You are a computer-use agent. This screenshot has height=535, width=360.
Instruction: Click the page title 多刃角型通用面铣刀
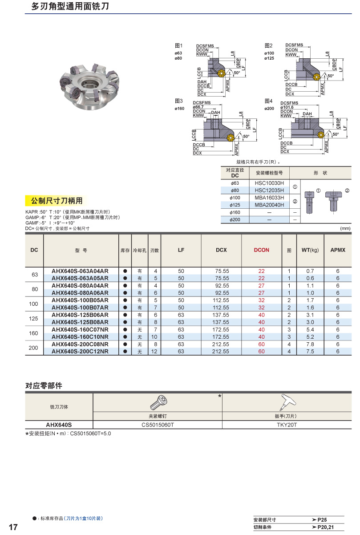click(x=70, y=7)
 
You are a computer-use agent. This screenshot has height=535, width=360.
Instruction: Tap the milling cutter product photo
click(x=89, y=84)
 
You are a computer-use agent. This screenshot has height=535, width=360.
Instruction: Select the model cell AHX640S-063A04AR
click(x=80, y=271)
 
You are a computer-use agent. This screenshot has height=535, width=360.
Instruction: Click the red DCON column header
click(x=262, y=250)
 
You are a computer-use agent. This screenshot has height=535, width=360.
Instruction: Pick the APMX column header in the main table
click(x=338, y=250)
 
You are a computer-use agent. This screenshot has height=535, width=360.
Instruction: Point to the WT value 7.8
click(x=310, y=344)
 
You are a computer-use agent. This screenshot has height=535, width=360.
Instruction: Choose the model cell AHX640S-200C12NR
click(x=80, y=352)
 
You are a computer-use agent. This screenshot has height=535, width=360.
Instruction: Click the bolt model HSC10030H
click(x=269, y=183)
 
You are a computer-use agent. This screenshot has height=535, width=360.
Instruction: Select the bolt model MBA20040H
click(x=269, y=205)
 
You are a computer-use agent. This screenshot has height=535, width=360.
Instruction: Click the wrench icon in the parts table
click(x=285, y=403)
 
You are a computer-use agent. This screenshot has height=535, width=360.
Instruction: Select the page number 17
click(x=13, y=527)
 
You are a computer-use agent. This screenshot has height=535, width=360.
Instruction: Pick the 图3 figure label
click(x=179, y=101)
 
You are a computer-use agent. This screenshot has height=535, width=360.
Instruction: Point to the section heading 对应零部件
click(x=44, y=386)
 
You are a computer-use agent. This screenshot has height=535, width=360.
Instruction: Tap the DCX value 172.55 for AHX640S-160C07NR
click(x=221, y=330)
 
